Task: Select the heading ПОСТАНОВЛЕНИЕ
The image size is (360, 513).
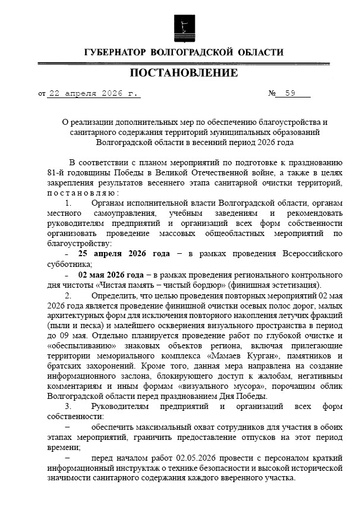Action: click(183, 74)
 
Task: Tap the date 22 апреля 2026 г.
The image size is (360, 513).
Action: click(93, 93)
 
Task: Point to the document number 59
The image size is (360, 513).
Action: click(290, 93)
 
